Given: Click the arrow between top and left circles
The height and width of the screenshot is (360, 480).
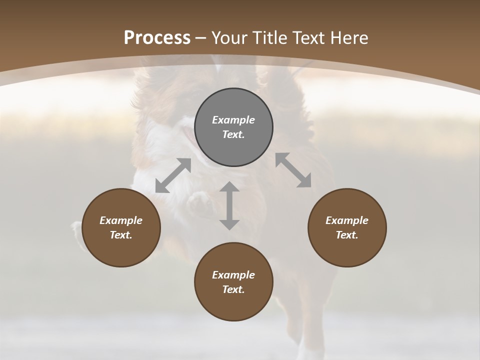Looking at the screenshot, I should coord(173,175).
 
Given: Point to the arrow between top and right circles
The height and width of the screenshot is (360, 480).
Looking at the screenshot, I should coord(293,170).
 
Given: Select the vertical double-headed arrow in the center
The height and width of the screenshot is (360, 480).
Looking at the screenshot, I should coord(229,205).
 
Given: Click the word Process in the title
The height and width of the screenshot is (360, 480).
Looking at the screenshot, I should coord(157,37).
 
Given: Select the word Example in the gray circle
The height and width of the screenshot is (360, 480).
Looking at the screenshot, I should coord(233,120).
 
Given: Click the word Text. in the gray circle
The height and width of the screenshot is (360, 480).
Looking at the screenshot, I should coord(233,134).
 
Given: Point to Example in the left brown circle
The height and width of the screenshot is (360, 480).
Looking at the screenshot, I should coord(121,220).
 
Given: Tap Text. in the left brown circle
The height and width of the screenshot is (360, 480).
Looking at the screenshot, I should coord(121,235).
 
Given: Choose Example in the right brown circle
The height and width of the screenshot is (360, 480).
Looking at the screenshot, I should coord(347,220).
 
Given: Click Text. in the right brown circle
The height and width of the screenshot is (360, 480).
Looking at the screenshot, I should coord(347,235).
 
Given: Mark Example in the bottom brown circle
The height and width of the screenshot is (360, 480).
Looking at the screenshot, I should coord(233,275).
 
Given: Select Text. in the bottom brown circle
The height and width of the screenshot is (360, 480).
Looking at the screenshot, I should coord(233,289).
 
